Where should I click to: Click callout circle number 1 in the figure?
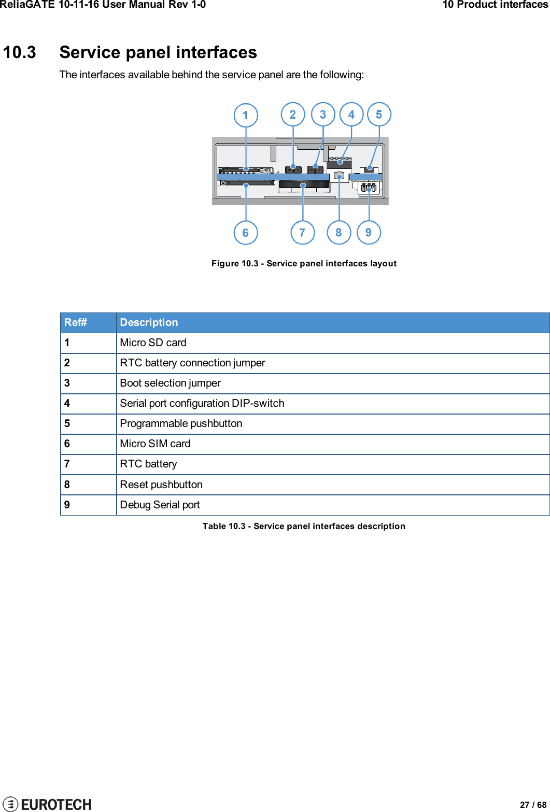(x=246, y=115)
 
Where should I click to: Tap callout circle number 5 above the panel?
(x=379, y=115)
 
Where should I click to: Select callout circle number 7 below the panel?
(x=303, y=233)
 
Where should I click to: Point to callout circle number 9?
(x=369, y=232)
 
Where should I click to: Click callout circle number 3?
(x=323, y=115)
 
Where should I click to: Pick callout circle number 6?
(x=246, y=233)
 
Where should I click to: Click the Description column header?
(x=149, y=322)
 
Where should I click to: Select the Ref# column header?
(x=76, y=322)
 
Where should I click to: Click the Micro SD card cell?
(x=153, y=343)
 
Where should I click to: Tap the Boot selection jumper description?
(x=170, y=383)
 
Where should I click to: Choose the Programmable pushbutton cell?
(x=181, y=423)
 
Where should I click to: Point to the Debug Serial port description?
(x=160, y=505)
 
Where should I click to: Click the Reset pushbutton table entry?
(x=161, y=485)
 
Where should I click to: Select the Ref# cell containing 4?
(x=67, y=403)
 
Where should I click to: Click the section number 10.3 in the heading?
(x=20, y=52)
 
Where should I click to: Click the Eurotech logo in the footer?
(x=48, y=804)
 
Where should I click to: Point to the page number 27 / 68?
(x=533, y=805)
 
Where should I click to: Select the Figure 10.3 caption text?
(x=304, y=263)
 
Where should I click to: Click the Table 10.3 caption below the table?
(x=304, y=526)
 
